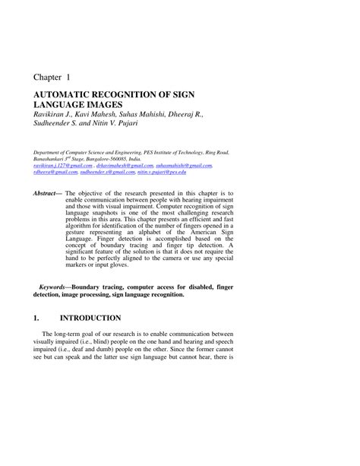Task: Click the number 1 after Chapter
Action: pyautogui.click(x=69, y=77)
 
